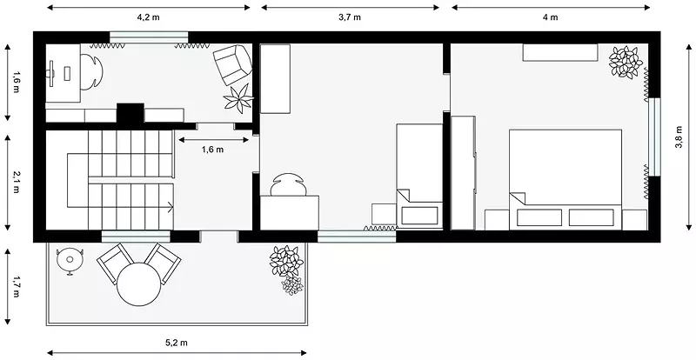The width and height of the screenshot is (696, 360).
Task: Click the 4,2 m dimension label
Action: [x=148, y=17]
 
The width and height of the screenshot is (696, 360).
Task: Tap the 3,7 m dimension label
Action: [x=350, y=17]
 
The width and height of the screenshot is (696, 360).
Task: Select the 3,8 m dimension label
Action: [x=679, y=137]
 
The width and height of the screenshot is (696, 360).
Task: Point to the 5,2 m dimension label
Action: [x=177, y=343]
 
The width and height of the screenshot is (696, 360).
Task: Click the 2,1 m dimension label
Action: [x=16, y=183]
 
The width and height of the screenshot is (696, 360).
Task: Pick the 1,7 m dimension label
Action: [x=16, y=287]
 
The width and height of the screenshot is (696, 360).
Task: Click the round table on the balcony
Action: [x=139, y=284]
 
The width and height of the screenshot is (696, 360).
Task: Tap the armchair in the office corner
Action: [x=232, y=65]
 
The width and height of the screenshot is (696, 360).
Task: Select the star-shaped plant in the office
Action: [x=238, y=98]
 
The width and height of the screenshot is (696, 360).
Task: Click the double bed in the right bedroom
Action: [x=565, y=179]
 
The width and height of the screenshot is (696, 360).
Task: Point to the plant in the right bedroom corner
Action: [x=626, y=62]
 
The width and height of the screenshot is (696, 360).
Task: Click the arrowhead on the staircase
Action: [x=171, y=206]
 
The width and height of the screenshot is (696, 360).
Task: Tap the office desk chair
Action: [x=92, y=71]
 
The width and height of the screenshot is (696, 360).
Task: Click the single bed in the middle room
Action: [x=419, y=177]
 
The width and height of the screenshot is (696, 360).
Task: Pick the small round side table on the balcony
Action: [x=70, y=260]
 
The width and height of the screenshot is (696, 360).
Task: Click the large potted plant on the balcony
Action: [x=287, y=262]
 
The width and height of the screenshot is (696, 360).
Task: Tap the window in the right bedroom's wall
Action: [x=655, y=137]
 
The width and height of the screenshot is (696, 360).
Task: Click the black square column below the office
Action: [x=130, y=113]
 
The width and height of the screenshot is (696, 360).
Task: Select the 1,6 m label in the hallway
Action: [x=212, y=150]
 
